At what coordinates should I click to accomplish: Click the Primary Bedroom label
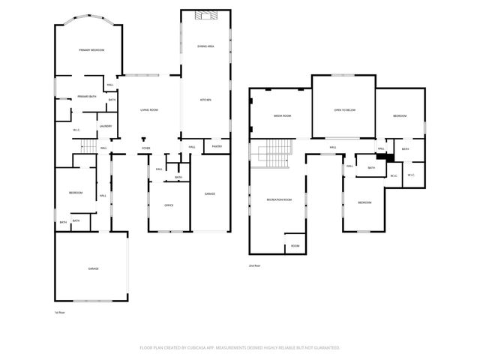coord(91,50)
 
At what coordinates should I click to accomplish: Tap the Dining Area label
coord(206,46)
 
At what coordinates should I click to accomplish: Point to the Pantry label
coord(217,146)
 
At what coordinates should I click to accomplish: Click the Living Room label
coord(148,110)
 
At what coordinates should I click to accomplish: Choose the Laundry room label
coord(105,126)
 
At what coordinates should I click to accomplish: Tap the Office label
coord(169,205)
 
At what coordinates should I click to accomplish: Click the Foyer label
coord(145,148)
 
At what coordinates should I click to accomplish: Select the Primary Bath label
coord(87,97)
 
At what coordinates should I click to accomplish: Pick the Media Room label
coord(281,116)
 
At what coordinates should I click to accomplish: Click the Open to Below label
coord(343,110)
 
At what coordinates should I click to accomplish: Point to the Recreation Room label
coord(278,199)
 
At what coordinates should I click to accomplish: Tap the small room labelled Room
coord(295,246)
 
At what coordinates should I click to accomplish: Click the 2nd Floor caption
coord(255,265)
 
